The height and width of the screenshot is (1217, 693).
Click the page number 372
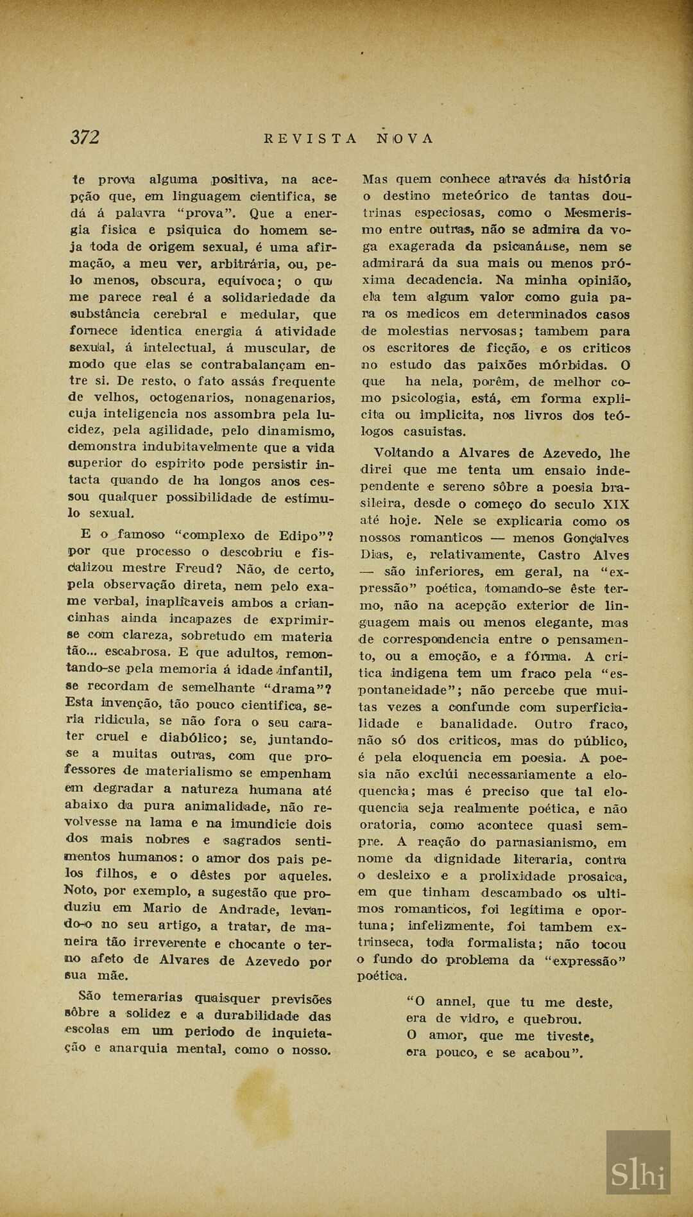click(85, 137)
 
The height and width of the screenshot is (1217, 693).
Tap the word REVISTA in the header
click(311, 138)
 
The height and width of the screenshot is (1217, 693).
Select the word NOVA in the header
click(405, 138)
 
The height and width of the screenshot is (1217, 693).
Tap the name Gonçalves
click(596, 538)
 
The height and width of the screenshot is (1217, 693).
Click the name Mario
click(162, 908)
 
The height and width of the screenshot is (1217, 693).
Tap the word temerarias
click(147, 997)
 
